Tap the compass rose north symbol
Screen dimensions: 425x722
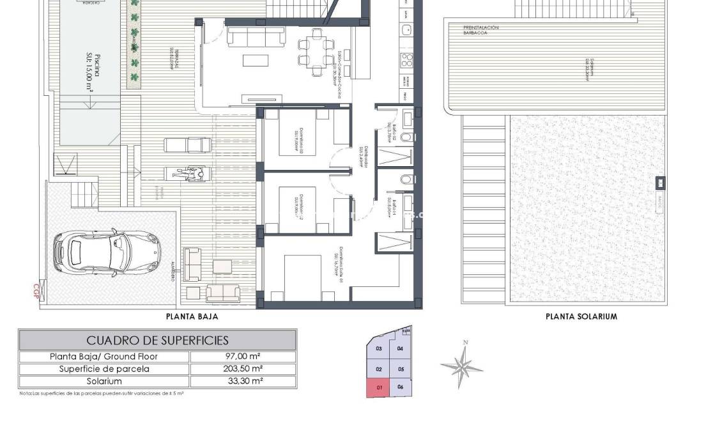coord(461,366)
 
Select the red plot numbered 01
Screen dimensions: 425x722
coord(379,387)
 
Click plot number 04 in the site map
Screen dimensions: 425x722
coord(400,349)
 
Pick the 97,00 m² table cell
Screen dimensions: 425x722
coord(243,357)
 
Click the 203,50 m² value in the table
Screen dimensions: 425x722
coord(243,369)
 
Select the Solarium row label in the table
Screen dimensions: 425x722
coord(104,381)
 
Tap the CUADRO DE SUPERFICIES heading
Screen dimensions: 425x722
coord(157,340)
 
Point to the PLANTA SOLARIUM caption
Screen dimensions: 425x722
coord(581,316)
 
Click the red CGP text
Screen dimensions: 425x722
coord(36,291)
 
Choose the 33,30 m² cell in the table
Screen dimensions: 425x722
coord(243,381)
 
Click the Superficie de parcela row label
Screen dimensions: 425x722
coord(104,369)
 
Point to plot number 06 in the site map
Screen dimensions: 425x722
coord(400,387)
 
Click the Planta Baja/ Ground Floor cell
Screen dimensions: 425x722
coord(104,357)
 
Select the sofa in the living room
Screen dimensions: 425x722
coord(256,36)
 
